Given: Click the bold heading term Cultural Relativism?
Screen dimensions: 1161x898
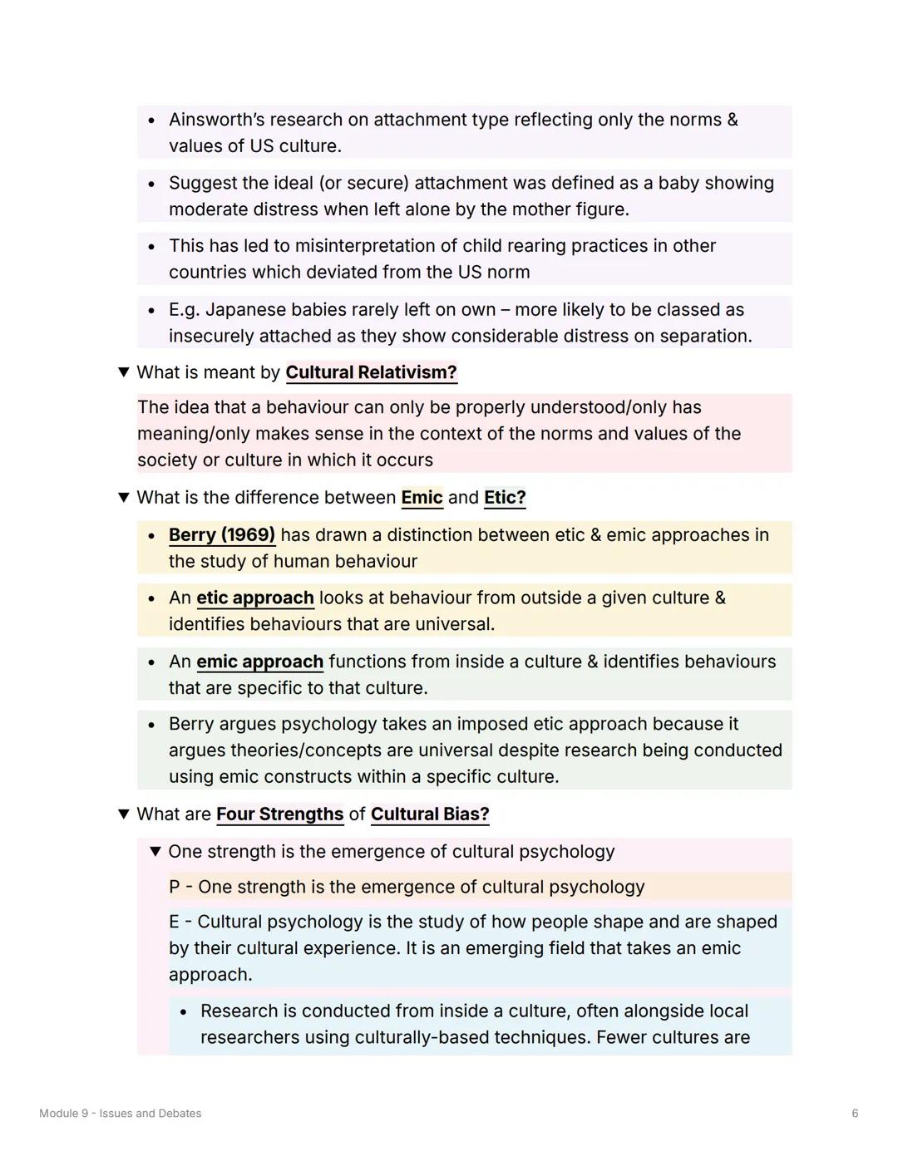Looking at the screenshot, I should click(371, 372).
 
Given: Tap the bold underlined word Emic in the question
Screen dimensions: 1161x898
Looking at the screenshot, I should click(422, 498).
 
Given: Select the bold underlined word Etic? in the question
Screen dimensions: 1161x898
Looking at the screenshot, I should click(505, 498).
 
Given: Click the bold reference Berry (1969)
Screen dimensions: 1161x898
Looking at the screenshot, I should click(221, 535).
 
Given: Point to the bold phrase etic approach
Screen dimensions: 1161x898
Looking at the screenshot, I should click(254, 598).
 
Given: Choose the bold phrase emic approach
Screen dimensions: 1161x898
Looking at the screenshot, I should click(259, 662).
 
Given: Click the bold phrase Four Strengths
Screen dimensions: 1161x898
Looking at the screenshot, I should click(279, 814).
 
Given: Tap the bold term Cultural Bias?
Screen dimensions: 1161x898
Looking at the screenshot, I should click(430, 814).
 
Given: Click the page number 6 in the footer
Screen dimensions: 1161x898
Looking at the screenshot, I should click(855, 1114).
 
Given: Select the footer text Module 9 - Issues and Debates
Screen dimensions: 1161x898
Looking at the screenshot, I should click(120, 1114).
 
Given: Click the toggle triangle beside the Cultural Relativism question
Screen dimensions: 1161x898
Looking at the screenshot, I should click(124, 372).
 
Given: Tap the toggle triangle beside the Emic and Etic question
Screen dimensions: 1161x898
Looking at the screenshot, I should click(124, 498).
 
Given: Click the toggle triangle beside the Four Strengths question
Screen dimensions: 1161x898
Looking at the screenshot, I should click(124, 814).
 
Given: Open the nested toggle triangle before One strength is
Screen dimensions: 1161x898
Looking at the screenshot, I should click(155, 852).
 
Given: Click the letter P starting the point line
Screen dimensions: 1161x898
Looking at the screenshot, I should click(175, 888).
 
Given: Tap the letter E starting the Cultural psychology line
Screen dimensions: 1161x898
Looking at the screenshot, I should click(174, 922).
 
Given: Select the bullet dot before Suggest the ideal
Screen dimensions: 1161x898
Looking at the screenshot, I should click(151, 184).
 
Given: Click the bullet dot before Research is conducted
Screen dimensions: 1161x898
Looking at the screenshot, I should click(183, 1012).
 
